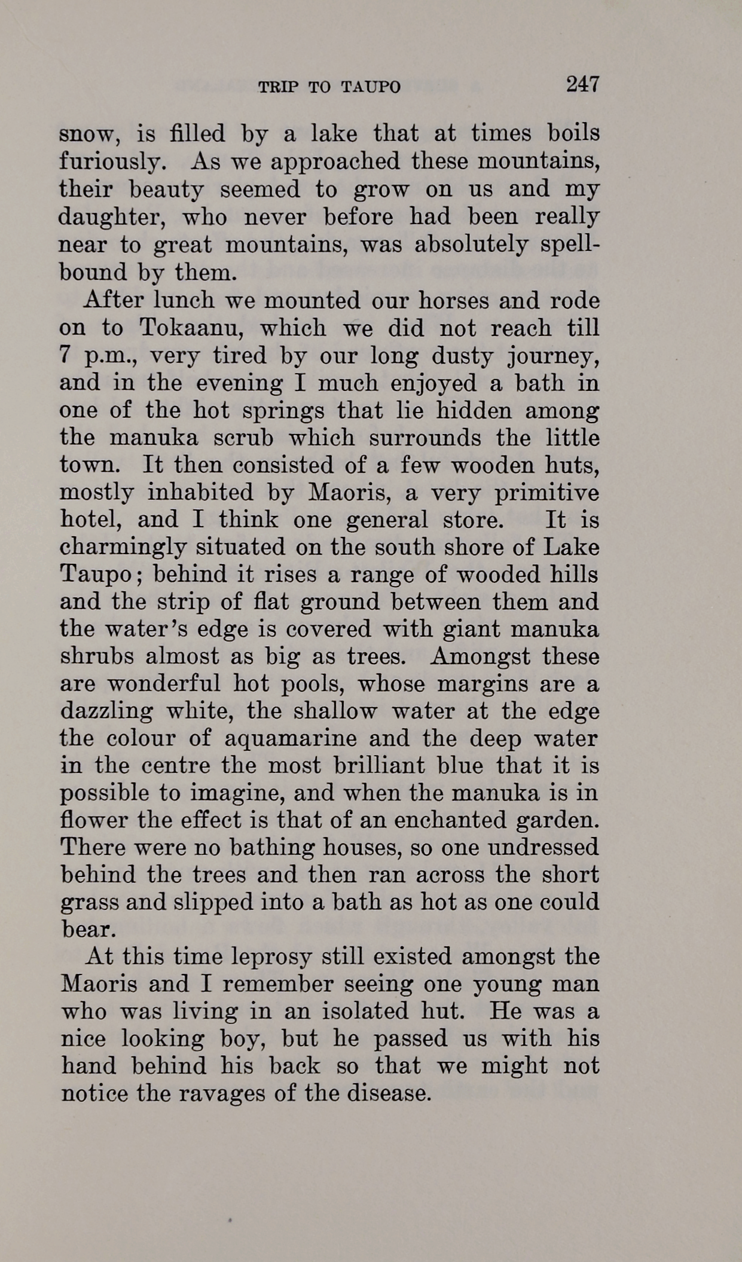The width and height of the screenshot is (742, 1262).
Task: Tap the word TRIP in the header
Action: point(274,87)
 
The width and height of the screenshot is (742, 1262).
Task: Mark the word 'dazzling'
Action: point(106,711)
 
